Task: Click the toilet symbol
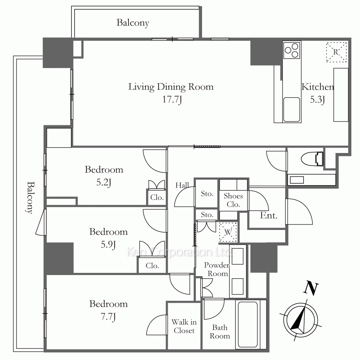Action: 312,159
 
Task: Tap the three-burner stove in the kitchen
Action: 292,50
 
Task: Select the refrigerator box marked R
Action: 336,52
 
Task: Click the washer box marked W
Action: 228,232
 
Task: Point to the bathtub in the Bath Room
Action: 248,324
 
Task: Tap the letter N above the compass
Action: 311,288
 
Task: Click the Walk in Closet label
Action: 184,326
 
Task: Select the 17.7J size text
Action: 172,100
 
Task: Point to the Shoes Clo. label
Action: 233,200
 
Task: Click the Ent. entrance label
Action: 269,215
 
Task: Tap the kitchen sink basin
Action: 292,109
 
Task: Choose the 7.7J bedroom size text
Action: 108,317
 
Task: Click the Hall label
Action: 182,185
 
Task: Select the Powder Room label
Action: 217,269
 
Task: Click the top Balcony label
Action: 133,23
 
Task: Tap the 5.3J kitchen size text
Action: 318,100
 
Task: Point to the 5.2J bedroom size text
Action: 104,183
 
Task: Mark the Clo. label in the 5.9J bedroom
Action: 152,266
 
